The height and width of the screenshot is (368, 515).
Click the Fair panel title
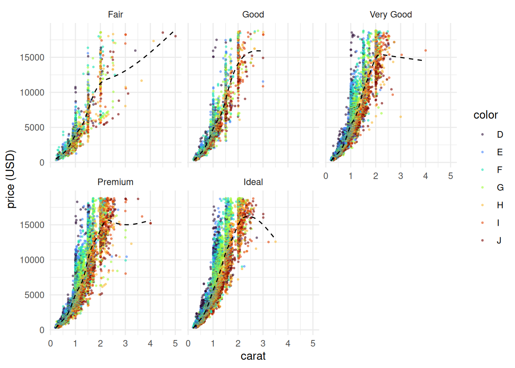(x=115, y=15)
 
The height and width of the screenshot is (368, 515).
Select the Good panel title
(x=253, y=15)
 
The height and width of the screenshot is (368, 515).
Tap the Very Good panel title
(x=390, y=15)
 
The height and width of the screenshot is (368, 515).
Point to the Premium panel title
(x=115, y=182)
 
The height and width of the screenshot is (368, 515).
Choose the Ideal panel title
(x=253, y=182)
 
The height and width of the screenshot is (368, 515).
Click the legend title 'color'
(x=485, y=115)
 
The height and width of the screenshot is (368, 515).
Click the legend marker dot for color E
(x=482, y=152)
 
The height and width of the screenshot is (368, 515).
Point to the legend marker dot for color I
(x=482, y=223)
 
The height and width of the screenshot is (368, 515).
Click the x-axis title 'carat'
(x=253, y=356)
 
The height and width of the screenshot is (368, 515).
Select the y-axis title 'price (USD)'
(x=11, y=179)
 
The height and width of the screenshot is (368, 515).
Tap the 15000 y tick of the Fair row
(x=32, y=58)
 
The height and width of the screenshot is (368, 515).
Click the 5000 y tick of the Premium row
(x=34, y=295)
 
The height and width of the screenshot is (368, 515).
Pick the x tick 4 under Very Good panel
(x=425, y=176)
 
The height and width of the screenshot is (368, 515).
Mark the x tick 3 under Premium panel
(x=125, y=343)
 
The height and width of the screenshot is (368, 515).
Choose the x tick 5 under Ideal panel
(x=313, y=343)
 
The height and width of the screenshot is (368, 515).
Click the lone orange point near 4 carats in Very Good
(x=425, y=50)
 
